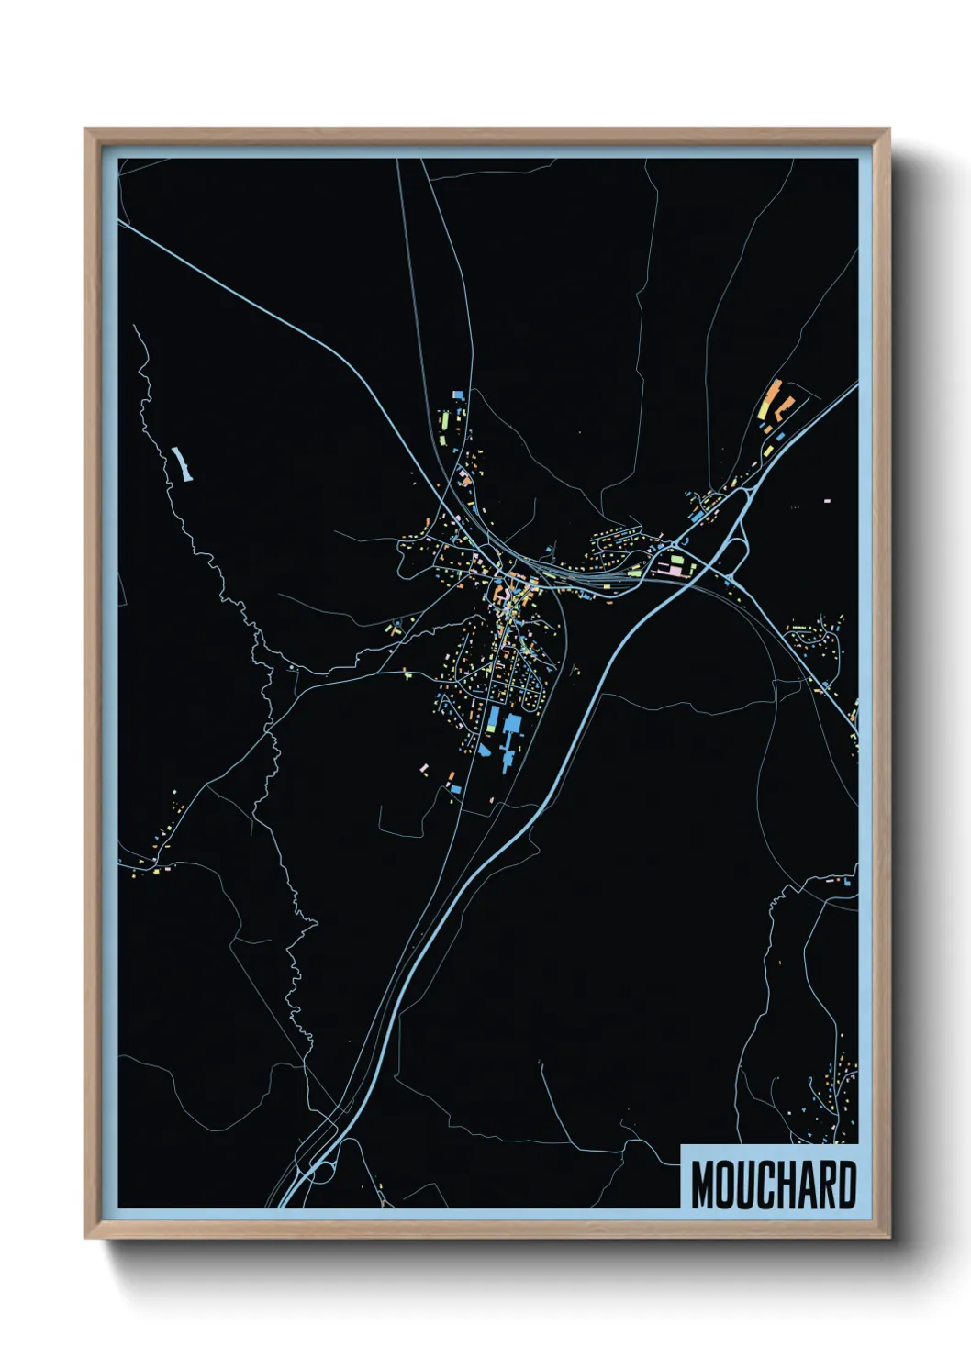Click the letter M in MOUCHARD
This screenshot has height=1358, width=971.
click(x=704, y=1185)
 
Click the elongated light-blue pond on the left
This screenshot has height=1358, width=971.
click(x=182, y=464)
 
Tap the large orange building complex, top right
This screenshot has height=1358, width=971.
click(x=773, y=400)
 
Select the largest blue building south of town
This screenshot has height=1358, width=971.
click(x=511, y=725)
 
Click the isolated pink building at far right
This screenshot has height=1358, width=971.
click(x=827, y=501)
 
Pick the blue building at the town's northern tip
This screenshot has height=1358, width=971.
click(x=458, y=395)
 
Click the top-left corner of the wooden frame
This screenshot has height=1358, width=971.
click(x=85, y=129)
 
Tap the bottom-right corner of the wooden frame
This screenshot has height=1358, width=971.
click(x=888, y=1238)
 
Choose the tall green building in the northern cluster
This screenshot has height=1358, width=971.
click(x=445, y=423)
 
